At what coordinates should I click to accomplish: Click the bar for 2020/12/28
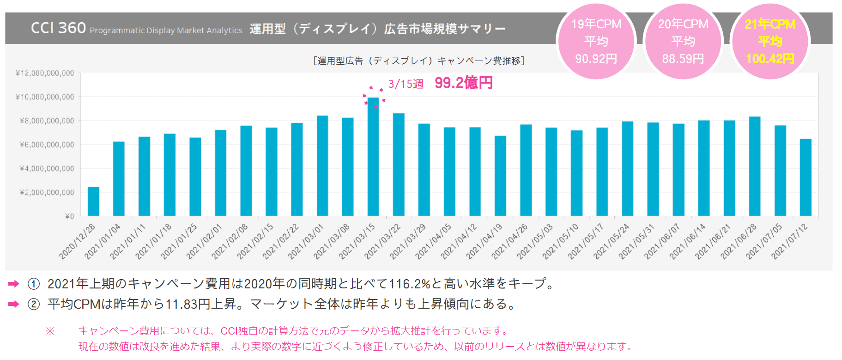pos(93,201)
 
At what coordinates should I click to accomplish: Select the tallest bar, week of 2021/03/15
pos(373,157)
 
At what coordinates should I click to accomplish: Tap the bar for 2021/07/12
pos(806,177)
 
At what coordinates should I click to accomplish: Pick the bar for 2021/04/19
pos(500,176)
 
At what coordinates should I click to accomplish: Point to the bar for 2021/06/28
pos(755,166)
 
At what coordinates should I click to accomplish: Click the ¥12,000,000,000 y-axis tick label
pos(45,73)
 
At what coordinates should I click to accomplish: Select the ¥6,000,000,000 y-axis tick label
pos(47,145)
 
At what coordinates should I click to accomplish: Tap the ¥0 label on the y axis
pos(69,216)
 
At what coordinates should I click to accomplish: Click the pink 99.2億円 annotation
pos(464,83)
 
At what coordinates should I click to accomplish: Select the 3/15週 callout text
pos(406,84)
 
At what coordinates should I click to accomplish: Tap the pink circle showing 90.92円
pos(596,42)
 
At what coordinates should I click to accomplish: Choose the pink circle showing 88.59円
pos(683,42)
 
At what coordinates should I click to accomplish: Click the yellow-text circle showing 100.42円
pos(770,42)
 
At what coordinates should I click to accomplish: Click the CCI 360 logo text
pos(58,28)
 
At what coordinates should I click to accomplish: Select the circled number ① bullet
pos(34,284)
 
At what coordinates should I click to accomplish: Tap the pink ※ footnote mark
pos(50,331)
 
